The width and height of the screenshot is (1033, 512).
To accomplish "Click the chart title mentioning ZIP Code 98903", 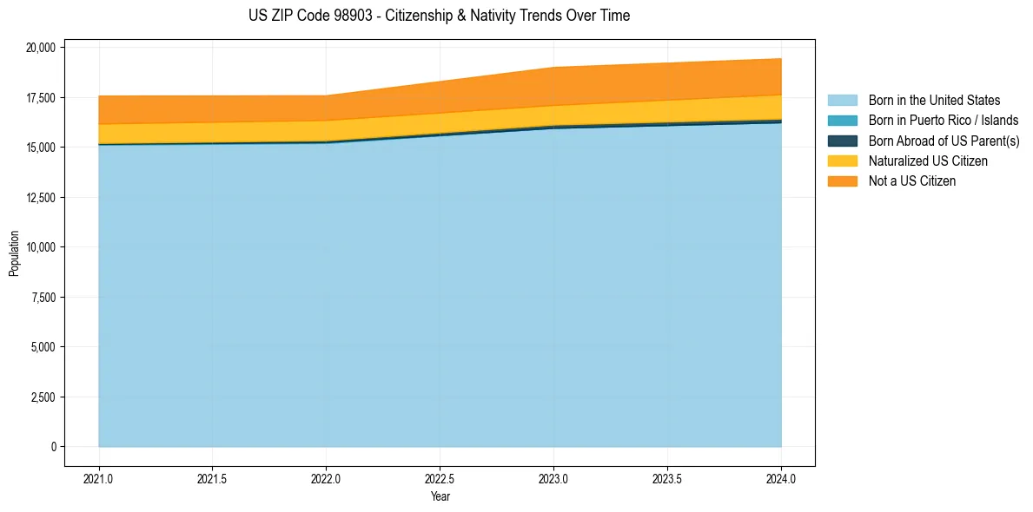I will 439,16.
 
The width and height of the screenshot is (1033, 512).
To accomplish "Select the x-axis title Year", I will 440,497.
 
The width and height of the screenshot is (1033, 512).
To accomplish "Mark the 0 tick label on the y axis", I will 53,447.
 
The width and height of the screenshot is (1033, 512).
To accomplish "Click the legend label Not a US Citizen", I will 912,181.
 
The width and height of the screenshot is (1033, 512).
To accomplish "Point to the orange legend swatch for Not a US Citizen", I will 842,181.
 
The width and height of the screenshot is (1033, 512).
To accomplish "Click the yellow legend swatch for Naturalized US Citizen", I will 842,161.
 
